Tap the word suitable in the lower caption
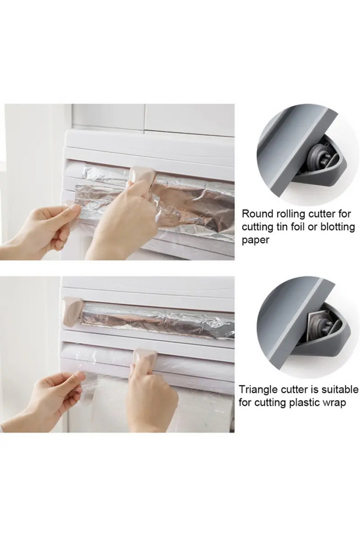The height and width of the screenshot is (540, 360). tap(340, 390)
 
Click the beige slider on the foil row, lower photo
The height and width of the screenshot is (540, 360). tap(73, 308)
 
